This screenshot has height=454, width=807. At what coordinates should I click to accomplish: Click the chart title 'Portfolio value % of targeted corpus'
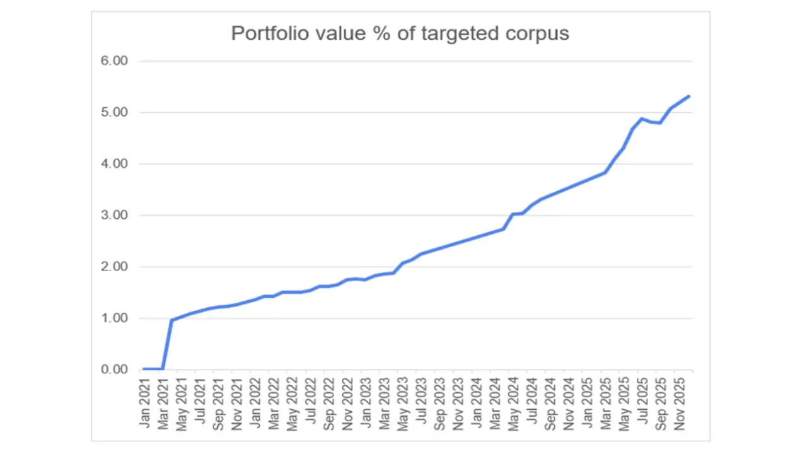400,33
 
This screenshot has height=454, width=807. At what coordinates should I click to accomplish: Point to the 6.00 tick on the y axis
115,61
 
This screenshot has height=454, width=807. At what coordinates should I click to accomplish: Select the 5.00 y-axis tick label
115,113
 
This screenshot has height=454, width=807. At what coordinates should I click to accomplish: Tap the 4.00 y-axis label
115,164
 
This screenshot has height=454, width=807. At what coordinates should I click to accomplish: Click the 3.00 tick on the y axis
115,216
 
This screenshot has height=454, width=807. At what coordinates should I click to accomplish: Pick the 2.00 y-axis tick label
115,267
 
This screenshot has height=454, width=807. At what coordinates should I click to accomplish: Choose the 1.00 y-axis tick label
115,318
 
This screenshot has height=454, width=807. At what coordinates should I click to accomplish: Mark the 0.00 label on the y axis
115,370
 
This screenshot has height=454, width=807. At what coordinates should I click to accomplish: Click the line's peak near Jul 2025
642,119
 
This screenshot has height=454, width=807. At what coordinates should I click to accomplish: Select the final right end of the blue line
689,96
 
